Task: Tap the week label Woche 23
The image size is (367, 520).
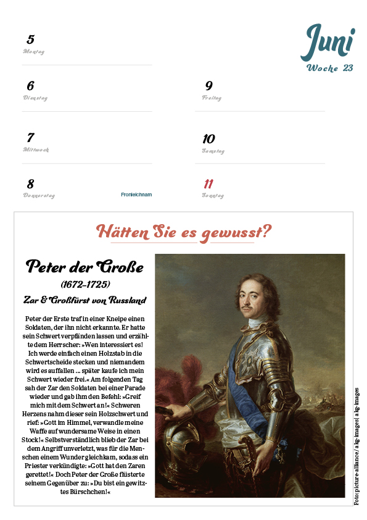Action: click(x=330, y=68)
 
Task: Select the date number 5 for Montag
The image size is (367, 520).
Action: click(x=31, y=40)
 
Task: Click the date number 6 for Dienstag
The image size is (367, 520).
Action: click(x=31, y=86)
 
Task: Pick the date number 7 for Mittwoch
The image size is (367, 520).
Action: click(x=30, y=138)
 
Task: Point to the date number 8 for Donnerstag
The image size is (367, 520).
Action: click(x=30, y=184)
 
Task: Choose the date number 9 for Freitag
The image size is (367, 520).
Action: click(x=209, y=86)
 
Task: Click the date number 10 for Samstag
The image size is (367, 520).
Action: click(x=209, y=139)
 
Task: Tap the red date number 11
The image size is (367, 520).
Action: click(x=208, y=184)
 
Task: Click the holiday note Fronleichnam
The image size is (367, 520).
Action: click(x=136, y=195)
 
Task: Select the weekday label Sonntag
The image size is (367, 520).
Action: click(x=213, y=196)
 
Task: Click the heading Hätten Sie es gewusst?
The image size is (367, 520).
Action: click(x=184, y=232)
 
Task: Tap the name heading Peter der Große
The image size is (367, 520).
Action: click(x=85, y=267)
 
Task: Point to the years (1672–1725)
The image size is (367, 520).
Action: click(x=85, y=285)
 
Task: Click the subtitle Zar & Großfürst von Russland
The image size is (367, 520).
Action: click(x=85, y=300)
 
